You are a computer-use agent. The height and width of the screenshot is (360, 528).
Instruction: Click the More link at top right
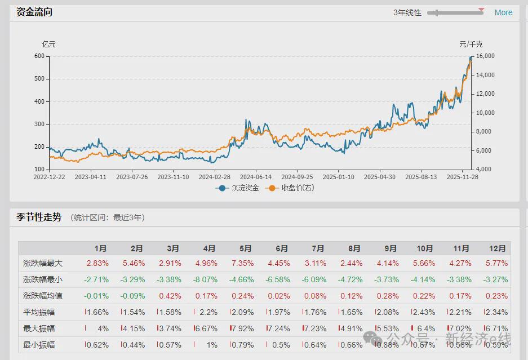[503, 12]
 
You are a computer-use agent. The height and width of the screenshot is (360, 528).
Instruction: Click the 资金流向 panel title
[34, 12]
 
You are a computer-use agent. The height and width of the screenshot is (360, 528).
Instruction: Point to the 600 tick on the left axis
[39, 56]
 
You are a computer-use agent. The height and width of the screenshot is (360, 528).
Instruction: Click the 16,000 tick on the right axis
[485, 56]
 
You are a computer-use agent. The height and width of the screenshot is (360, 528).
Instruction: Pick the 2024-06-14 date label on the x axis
[256, 177]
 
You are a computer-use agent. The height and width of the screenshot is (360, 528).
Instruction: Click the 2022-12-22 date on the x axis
[48, 177]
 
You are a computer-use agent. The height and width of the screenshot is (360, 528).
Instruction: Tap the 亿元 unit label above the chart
[49, 44]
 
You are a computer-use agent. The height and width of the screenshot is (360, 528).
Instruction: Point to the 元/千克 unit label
[471, 44]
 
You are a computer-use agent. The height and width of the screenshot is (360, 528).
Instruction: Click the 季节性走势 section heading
[35, 217]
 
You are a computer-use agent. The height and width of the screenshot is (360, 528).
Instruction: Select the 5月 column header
[245, 248]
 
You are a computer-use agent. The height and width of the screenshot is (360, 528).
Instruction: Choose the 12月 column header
[497, 248]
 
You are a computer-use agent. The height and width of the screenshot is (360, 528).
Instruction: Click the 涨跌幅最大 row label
[43, 263]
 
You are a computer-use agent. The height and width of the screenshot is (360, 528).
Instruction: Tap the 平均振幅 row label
[39, 312]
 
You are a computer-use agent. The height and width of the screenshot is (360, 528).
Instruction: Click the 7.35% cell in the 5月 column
[242, 263]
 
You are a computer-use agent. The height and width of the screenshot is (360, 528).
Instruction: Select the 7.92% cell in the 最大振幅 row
[243, 328]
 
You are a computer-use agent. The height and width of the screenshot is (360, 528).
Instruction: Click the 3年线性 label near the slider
[407, 12]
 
